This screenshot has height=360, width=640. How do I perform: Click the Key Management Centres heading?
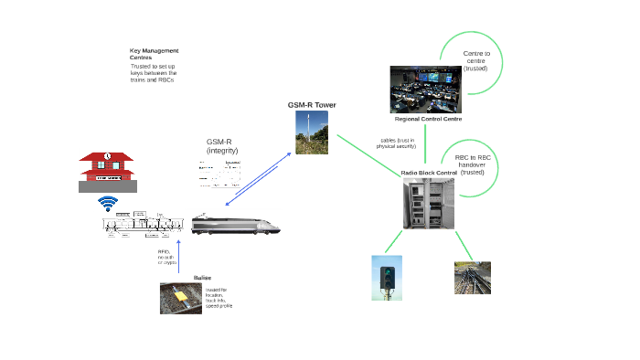(154, 54)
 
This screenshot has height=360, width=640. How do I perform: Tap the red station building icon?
(109, 170)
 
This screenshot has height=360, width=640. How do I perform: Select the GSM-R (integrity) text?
(221, 146)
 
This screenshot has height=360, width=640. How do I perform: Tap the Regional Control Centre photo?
(428, 90)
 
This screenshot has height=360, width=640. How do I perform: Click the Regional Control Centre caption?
(428, 120)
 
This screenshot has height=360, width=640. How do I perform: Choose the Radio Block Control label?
(428, 173)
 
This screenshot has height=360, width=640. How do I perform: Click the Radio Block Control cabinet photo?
(428, 203)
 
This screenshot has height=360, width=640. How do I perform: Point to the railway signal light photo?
(388, 278)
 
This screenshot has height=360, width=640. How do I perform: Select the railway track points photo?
(473, 279)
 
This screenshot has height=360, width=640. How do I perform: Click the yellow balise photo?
(180, 298)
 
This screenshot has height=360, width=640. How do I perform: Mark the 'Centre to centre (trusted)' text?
(476, 61)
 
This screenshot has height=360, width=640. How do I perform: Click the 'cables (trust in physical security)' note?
(397, 143)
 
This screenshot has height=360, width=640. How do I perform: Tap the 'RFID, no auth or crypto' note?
(165, 257)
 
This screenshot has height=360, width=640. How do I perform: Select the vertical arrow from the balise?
(179, 259)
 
